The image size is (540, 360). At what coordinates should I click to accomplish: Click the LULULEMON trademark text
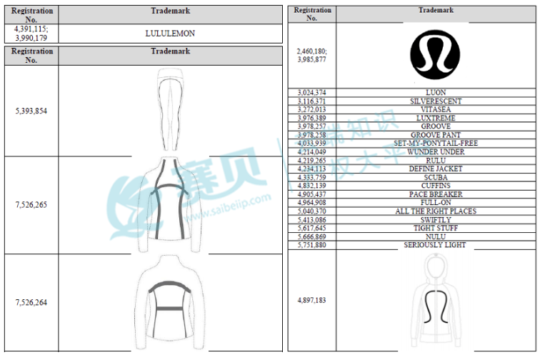pyautogui.click(x=170, y=34)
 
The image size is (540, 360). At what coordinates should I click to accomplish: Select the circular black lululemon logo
pyautogui.click(x=435, y=54)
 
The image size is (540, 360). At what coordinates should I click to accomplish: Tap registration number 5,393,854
pyautogui.click(x=31, y=111)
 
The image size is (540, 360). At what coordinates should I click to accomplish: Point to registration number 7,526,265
pyautogui.click(x=31, y=204)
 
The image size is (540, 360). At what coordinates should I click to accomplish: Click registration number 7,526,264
pyautogui.click(x=31, y=302)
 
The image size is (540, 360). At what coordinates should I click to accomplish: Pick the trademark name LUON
pyautogui.click(x=436, y=92)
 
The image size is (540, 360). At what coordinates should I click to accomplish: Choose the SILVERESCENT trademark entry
pyautogui.click(x=436, y=101)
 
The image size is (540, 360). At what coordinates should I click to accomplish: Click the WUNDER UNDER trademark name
pyautogui.click(x=436, y=152)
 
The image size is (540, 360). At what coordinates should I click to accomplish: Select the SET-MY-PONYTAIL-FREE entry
pyautogui.click(x=436, y=144)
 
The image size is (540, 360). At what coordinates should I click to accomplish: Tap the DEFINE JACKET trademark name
pyautogui.click(x=436, y=169)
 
